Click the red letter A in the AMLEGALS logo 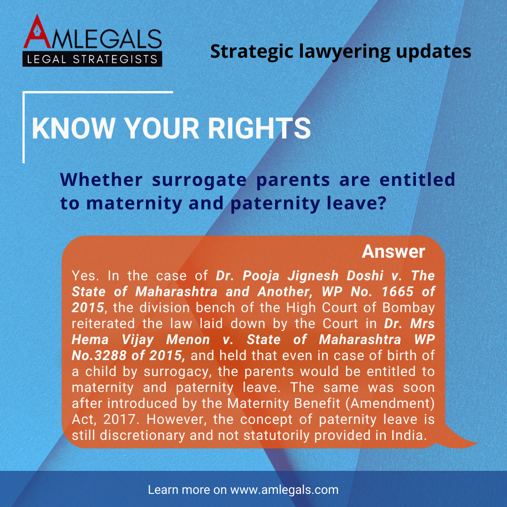click(37, 32)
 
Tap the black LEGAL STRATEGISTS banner click(92, 59)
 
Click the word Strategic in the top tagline click(252, 52)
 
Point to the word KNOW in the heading click(73, 128)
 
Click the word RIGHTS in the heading click(259, 128)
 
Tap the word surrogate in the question click(199, 180)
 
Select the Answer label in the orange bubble click(393, 251)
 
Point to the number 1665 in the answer click(398, 292)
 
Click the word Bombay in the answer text click(408, 308)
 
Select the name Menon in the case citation click(188, 340)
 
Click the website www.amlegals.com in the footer click(284, 490)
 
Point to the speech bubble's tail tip click(477, 443)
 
